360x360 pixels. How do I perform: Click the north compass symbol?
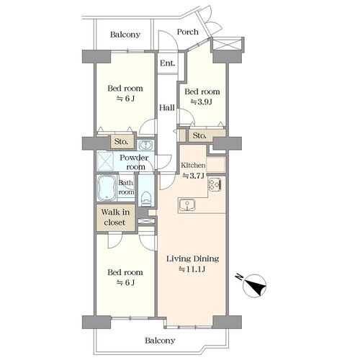(254, 286)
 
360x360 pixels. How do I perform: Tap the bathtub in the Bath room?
(107, 188)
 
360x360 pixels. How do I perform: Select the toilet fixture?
(146, 199)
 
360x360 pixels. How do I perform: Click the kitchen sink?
(187, 205)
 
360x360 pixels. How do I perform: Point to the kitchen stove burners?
(215, 184)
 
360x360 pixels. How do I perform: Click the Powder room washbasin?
(145, 145)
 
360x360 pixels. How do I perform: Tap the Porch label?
(187, 32)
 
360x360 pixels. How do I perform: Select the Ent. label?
(167, 63)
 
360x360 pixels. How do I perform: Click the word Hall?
(167, 108)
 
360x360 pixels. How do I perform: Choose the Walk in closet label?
(115, 217)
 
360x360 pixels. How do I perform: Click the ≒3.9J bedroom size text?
(201, 102)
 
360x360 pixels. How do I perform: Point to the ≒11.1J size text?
(192, 269)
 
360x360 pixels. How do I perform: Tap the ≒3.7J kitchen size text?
(193, 176)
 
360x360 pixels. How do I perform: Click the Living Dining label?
(193, 258)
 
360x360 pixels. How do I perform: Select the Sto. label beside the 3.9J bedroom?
(199, 135)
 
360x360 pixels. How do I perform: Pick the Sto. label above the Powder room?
(121, 142)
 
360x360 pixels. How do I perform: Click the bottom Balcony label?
(160, 341)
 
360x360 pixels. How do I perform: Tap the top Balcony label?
(125, 35)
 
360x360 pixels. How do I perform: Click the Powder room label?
(135, 162)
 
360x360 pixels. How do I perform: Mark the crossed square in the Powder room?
(105, 161)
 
